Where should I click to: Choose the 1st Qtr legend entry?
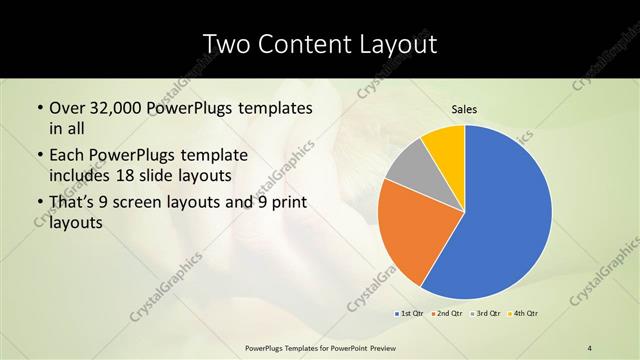(x=410, y=314)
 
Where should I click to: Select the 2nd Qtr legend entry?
(x=446, y=314)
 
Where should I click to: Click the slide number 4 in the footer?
(x=590, y=347)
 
